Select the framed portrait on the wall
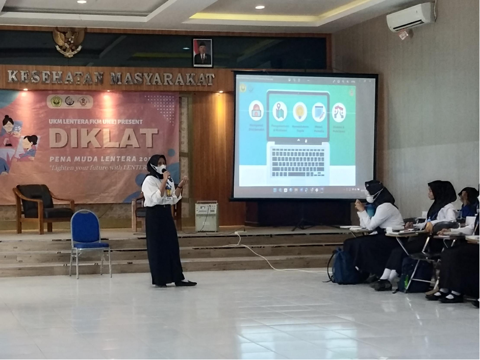point(203,53)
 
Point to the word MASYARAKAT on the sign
point(162,79)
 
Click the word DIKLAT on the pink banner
point(103,138)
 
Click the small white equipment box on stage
point(207,217)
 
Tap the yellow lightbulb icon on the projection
point(299,112)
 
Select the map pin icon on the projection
point(279,111)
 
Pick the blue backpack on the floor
point(343,268)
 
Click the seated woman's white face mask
point(370,198)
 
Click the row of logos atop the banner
point(70,101)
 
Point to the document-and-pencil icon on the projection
point(319,112)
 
